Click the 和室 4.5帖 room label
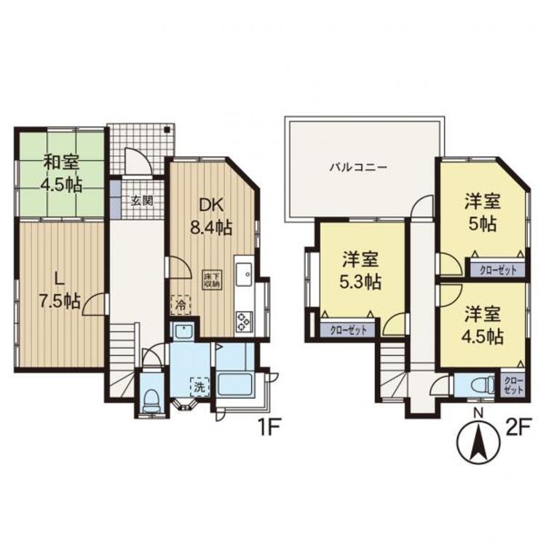(x=61, y=173)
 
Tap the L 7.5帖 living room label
(x=60, y=291)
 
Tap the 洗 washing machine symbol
(x=196, y=383)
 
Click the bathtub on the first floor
(x=234, y=385)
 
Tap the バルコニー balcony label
(x=357, y=167)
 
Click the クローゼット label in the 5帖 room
(x=497, y=269)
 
